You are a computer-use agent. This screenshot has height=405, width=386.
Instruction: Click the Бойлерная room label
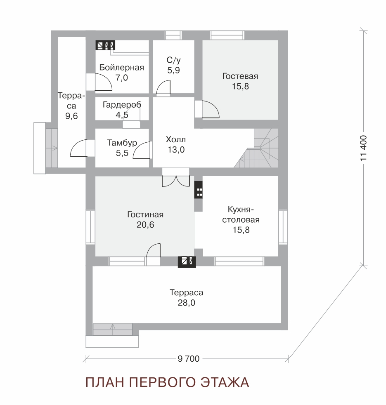121,68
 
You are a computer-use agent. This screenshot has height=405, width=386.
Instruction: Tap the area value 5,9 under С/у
173,70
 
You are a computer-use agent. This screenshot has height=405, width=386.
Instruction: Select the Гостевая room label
240,76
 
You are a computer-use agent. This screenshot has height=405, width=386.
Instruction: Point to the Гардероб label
122,105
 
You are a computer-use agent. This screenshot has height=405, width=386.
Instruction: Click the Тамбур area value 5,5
122,153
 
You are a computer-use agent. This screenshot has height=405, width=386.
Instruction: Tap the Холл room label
176,139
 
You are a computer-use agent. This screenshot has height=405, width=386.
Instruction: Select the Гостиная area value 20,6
145,225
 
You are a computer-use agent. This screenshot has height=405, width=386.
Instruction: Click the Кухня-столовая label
241,214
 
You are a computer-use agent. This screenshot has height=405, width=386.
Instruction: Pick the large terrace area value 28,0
187,303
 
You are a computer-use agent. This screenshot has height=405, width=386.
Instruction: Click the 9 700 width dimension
189,359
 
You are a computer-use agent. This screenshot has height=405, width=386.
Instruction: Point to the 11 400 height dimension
364,148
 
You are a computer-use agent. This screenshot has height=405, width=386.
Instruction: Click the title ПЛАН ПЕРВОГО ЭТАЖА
167,382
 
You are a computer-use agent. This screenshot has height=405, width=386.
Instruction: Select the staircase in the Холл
258,148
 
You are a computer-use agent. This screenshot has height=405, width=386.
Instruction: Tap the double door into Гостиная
176,181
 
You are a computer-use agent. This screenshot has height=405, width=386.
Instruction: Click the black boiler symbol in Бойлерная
105,45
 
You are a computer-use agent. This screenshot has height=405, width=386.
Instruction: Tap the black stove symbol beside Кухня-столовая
199,190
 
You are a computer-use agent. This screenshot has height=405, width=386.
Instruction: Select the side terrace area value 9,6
71,116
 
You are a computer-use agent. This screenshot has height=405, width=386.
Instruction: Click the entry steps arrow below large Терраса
113,330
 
